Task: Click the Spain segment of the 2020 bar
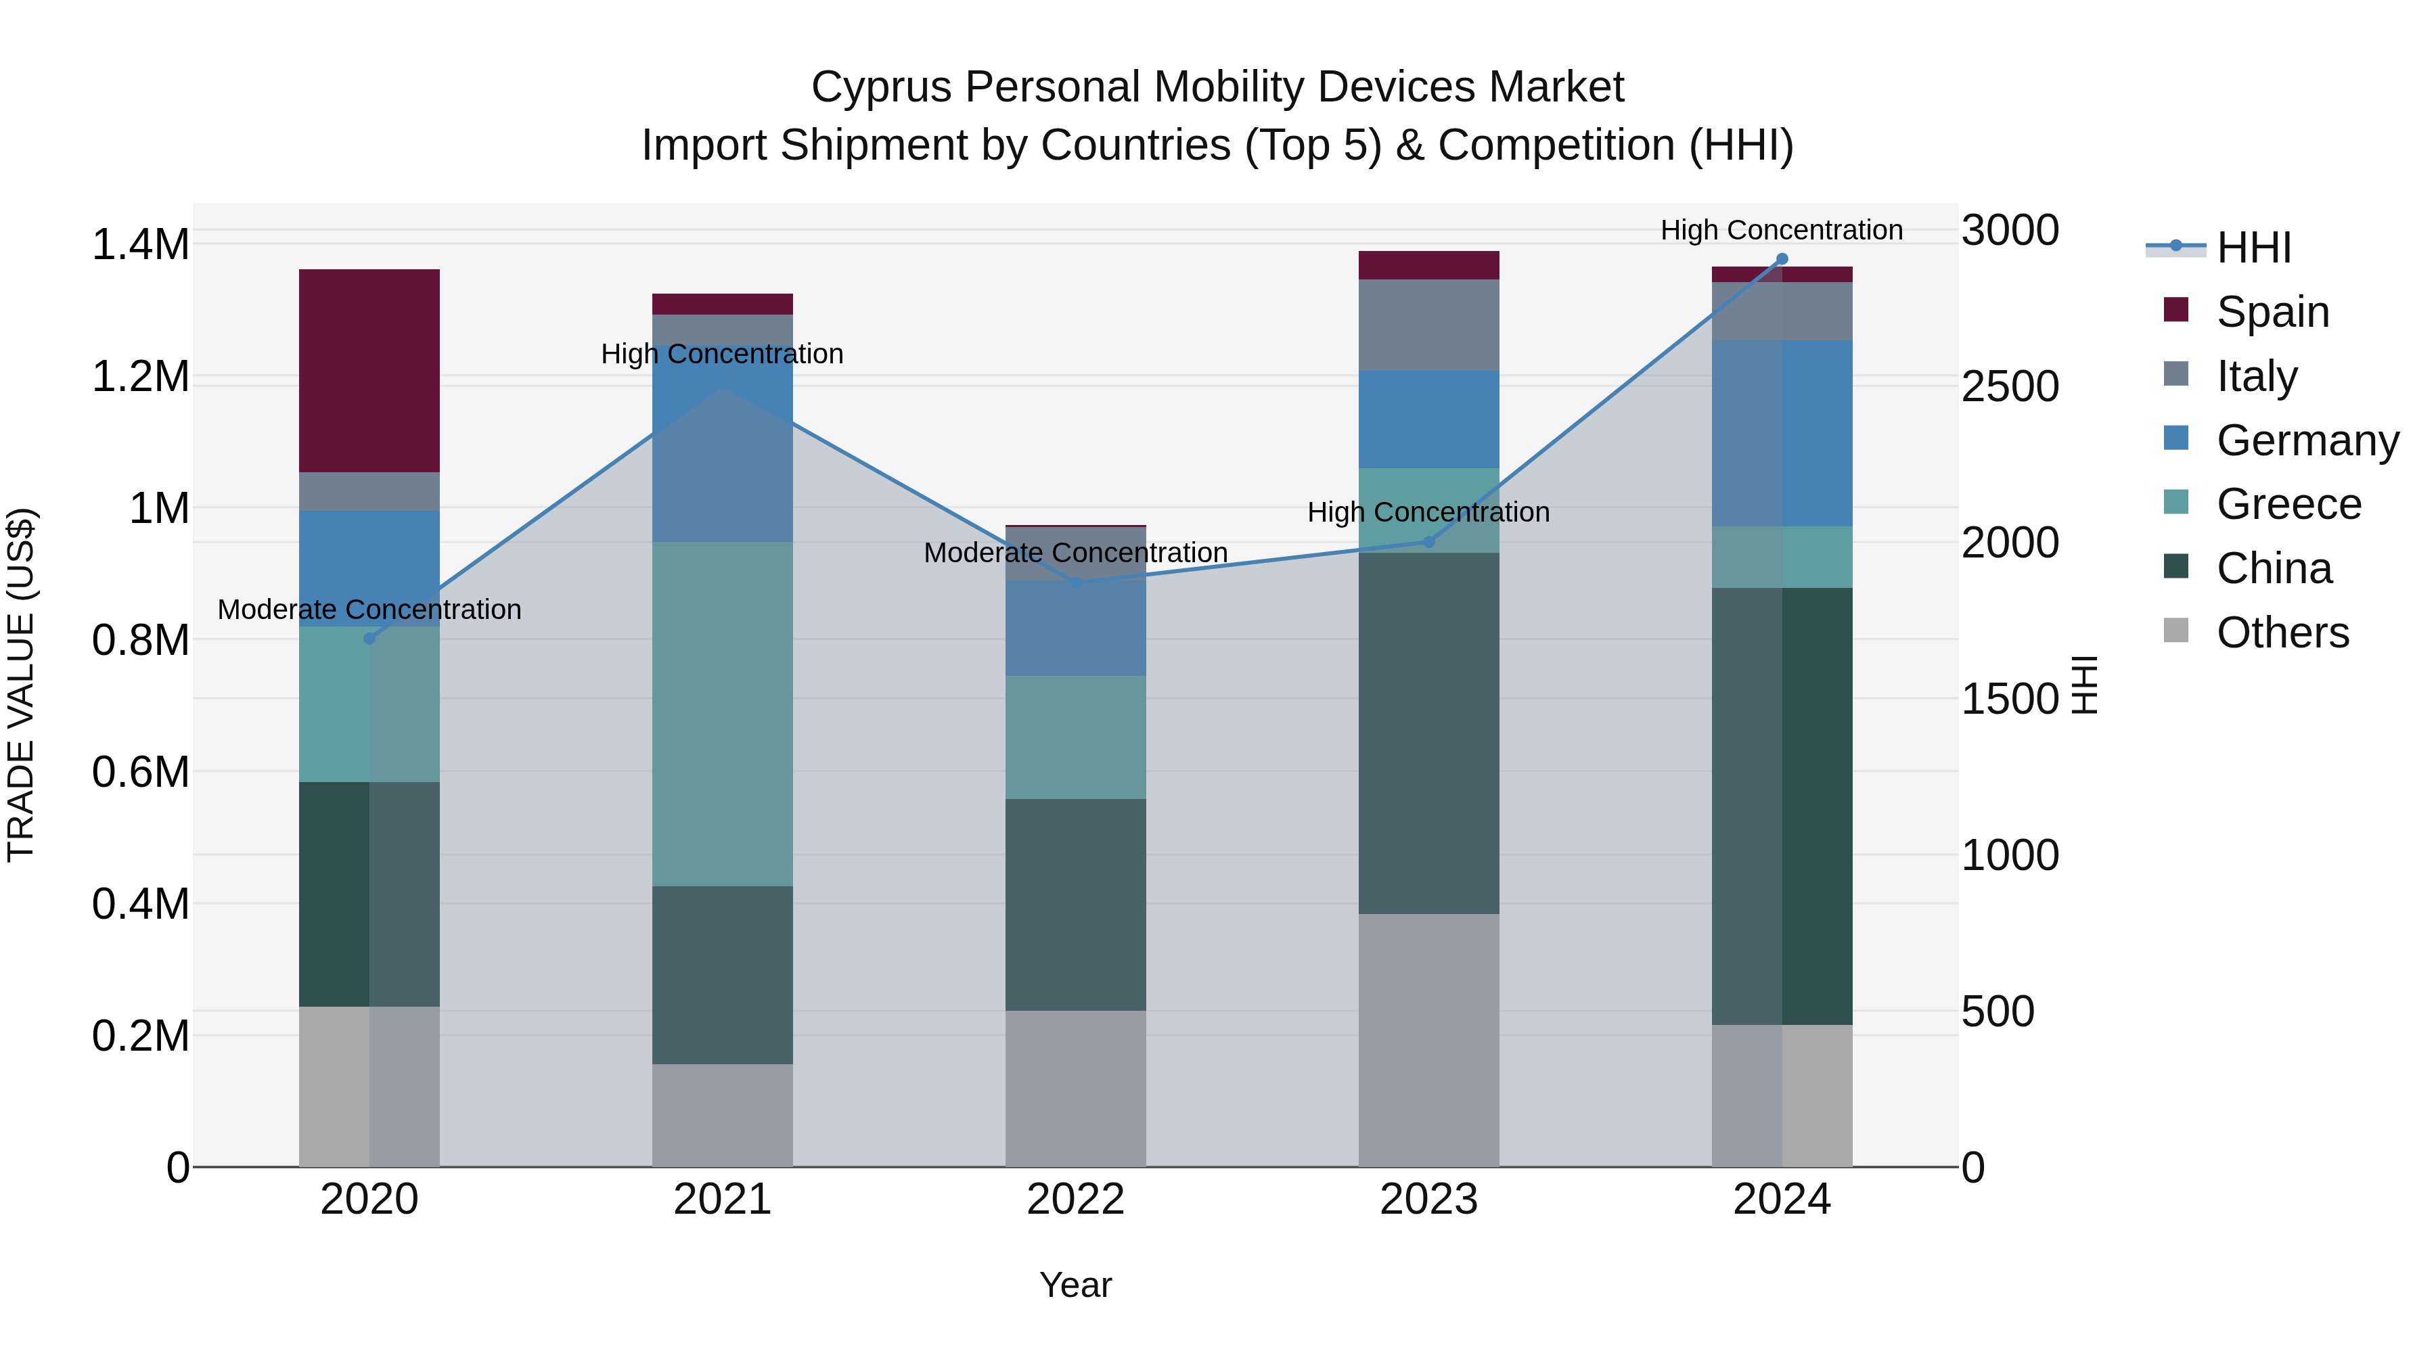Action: coord(369,371)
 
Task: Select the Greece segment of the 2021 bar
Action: coord(723,714)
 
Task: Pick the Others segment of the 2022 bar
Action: coord(1075,1089)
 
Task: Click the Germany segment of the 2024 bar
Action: coord(1782,433)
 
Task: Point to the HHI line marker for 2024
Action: coord(1782,258)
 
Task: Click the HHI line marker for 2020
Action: coord(369,638)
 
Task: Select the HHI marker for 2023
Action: coord(1429,542)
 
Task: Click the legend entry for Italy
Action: coord(2256,376)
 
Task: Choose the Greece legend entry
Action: coord(2288,504)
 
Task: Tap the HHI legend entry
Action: coord(2253,248)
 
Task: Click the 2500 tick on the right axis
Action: coord(2010,387)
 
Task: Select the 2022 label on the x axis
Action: coord(1075,1200)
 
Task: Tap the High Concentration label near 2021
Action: coord(723,354)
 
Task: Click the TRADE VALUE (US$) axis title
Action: coord(21,685)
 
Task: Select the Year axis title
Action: coord(1075,1285)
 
